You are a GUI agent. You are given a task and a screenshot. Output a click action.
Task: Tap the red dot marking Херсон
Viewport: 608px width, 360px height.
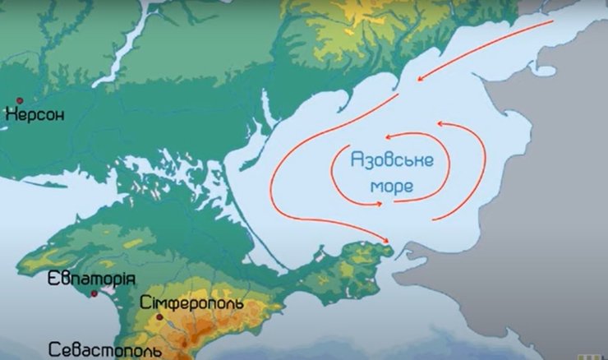[19, 100]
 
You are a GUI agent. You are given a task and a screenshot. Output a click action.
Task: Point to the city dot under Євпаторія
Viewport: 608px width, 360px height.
[94, 293]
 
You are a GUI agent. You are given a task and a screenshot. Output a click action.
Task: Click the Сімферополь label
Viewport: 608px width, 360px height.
[191, 303]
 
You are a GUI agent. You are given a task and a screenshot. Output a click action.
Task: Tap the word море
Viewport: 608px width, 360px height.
[393, 187]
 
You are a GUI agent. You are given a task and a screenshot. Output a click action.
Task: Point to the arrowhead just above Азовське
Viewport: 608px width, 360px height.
[389, 136]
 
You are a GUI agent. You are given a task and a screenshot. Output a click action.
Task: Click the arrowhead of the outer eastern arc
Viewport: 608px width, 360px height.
[439, 124]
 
